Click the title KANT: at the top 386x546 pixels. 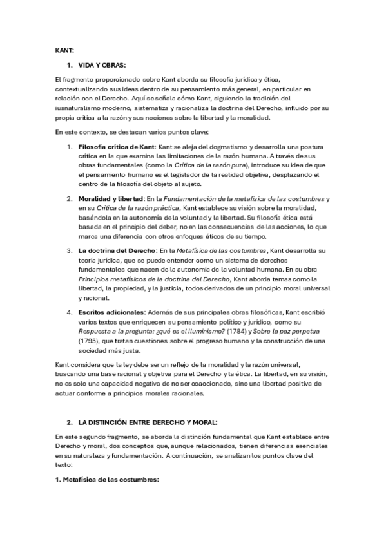[65, 50]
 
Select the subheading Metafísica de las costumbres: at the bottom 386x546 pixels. [107, 480]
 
